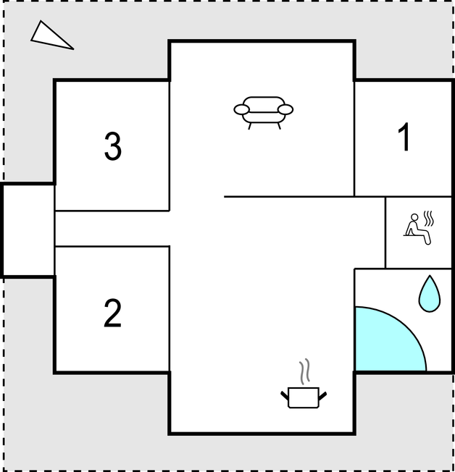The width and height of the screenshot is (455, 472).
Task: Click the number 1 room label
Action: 404,137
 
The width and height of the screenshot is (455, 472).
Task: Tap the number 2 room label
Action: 112,313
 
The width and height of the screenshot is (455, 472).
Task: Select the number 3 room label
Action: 113,147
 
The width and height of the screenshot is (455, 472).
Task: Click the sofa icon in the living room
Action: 263,113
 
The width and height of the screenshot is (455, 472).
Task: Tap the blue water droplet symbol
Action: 430,294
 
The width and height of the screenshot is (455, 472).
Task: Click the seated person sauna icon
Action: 419,228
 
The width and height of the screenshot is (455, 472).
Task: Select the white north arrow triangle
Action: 51,37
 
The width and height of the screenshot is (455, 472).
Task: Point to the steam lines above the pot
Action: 304,371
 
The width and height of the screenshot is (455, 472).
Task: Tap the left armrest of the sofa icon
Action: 242,109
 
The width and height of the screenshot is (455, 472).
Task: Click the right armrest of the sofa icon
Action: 285,109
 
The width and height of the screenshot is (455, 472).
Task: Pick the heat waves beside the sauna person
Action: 429,219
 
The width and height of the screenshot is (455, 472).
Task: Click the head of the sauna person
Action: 414,217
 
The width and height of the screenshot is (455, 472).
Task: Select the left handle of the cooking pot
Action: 285,396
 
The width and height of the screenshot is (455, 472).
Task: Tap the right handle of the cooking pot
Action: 322,396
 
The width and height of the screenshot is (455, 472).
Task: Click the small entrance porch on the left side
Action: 28,230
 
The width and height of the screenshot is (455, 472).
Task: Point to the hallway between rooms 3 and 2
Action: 112,229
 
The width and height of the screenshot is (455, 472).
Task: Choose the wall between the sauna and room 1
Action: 403,197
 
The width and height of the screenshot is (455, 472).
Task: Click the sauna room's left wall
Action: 385,232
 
